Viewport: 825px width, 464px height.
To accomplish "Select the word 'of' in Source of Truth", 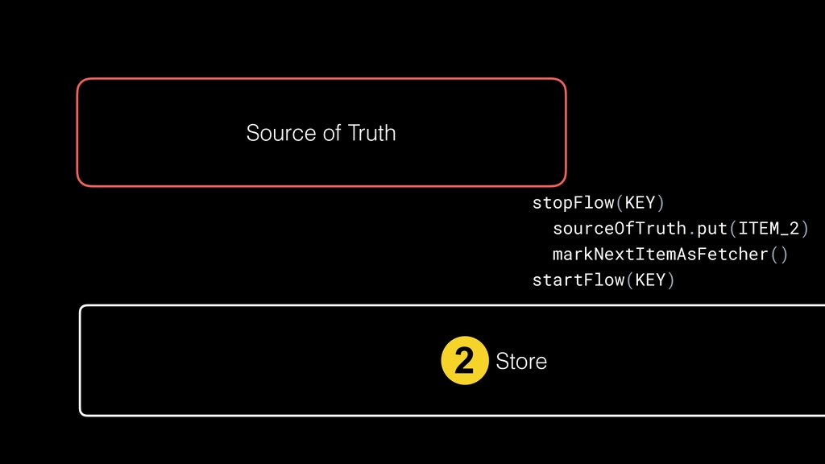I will pyautogui.click(x=332, y=133).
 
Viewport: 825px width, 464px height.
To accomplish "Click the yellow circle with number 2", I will pyautogui.click(x=465, y=362).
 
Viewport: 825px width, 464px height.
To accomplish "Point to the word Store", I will pyautogui.click(x=521, y=362).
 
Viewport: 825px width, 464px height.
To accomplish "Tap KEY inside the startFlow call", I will pyautogui.click(x=650, y=280).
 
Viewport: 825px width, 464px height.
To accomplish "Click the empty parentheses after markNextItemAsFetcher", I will pyautogui.click(x=779, y=255).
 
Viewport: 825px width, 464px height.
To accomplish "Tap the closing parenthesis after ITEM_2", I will pyautogui.click(x=803, y=228).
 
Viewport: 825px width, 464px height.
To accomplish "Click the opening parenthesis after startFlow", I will pyautogui.click(x=629, y=280).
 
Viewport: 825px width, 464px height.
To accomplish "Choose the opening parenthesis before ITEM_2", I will pyautogui.click(x=732, y=228).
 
